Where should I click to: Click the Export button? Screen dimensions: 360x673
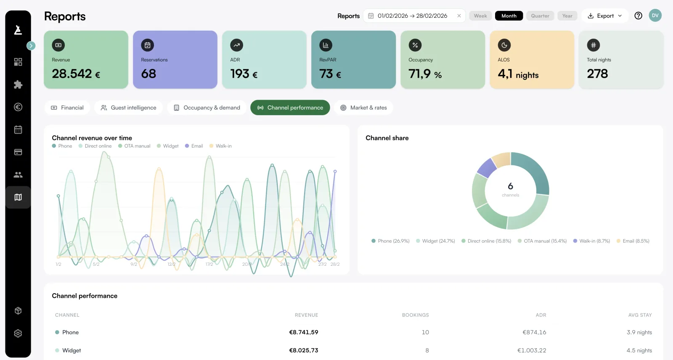coord(604,16)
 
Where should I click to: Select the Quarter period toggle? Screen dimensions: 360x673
coord(540,16)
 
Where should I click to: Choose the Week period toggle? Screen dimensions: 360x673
coord(480,16)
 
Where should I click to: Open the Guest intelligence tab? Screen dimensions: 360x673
coord(128,108)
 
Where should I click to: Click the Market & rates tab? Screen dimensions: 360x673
coord(363,108)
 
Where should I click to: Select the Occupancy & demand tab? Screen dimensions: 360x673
coord(207,108)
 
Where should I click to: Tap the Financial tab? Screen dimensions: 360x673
coord(67,108)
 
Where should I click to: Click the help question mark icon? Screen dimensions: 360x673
coord(638,16)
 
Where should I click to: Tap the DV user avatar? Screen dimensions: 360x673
coord(655,16)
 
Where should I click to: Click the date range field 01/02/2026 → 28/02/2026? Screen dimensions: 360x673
coord(412,16)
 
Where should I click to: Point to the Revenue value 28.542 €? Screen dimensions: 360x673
coord(76,74)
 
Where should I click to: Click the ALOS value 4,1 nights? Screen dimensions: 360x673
coord(518,74)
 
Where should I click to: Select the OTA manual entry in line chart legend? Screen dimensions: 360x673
coord(134,146)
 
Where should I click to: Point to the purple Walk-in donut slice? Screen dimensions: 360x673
coord(487,168)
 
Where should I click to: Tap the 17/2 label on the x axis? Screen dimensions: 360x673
coord(209,264)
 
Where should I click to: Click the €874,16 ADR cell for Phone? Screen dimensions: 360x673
coord(534,332)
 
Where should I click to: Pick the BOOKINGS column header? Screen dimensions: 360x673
coord(415,315)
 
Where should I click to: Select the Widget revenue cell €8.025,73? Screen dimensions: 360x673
coord(303,350)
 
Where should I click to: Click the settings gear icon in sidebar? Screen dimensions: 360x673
coord(18,334)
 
